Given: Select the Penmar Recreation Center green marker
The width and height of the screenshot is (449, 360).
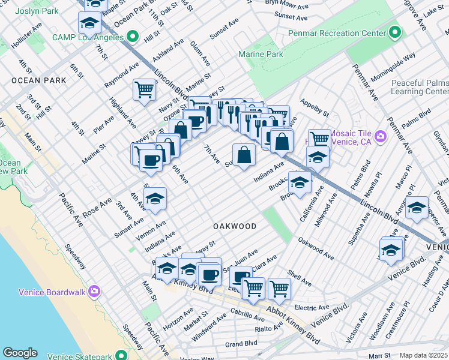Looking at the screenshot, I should (x=394, y=32).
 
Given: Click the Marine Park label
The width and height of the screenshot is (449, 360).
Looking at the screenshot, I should (x=261, y=54).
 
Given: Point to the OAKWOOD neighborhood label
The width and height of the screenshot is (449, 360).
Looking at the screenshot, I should (x=235, y=226).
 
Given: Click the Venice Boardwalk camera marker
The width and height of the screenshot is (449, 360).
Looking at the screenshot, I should (x=94, y=292).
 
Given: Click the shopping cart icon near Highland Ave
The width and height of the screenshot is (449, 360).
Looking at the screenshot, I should (x=144, y=90).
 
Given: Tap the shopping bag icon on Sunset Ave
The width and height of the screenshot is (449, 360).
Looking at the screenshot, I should (x=244, y=155).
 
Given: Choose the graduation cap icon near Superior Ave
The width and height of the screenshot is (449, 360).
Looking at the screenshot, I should (x=417, y=207).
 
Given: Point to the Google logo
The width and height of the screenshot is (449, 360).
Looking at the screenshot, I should (x=20, y=353).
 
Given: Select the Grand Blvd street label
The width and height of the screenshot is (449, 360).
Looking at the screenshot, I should (x=241, y=344).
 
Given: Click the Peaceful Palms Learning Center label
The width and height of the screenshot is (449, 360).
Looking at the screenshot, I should (x=420, y=88).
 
